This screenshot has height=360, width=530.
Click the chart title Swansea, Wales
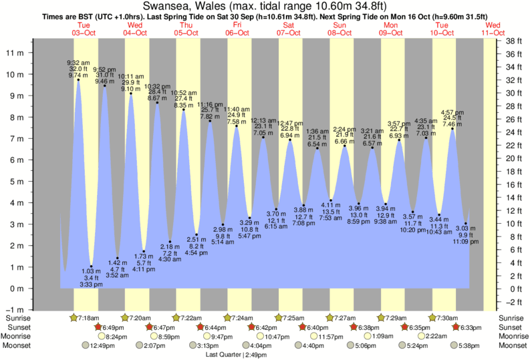265,6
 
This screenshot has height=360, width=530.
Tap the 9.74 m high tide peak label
78,75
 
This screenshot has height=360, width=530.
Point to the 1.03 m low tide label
91,271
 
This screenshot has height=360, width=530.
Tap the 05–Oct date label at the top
186,33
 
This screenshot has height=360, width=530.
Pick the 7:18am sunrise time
88,318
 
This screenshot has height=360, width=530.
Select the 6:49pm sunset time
114,327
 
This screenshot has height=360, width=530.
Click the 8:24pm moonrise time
117,337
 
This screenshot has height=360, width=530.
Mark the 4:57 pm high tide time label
452,112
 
